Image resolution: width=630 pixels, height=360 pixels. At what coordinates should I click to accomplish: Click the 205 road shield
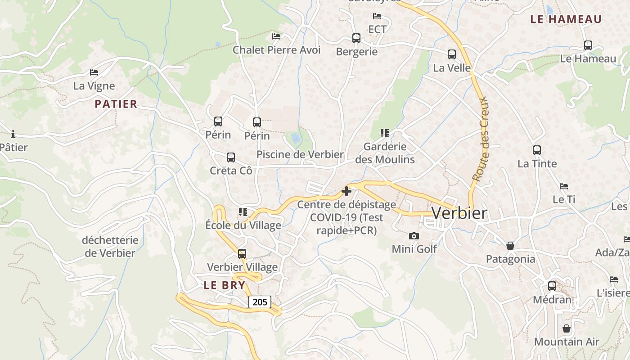[x=260, y=302]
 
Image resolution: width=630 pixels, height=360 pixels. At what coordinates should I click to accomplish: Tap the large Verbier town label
[x=459, y=213]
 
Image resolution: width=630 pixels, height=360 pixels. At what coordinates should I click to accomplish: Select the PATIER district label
[x=116, y=104]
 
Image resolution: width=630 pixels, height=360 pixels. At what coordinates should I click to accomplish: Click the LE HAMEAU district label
[x=566, y=19]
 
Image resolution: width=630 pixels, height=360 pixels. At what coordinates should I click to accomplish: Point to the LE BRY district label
[x=225, y=285]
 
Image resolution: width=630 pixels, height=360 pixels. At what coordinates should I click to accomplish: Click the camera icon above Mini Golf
[x=414, y=236]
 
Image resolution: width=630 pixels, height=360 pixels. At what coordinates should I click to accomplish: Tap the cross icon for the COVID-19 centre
[x=346, y=191]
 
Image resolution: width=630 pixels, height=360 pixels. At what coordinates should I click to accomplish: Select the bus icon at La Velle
[x=452, y=54]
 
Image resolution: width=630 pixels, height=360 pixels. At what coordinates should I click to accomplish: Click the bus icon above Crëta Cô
[x=231, y=157]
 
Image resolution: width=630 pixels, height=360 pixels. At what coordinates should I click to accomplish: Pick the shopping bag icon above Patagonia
[x=510, y=246]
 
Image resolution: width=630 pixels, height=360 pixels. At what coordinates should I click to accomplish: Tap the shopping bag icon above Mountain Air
[x=567, y=328]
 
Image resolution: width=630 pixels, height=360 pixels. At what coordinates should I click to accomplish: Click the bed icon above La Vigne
[x=94, y=72]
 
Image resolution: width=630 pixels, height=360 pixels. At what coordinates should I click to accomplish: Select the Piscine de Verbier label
[x=300, y=154]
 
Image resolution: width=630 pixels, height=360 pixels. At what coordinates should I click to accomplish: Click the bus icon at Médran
[x=552, y=286]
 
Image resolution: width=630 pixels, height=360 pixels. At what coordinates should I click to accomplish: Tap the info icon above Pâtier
[x=13, y=134]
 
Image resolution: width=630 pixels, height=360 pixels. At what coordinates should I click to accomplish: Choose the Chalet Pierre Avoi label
[x=276, y=50]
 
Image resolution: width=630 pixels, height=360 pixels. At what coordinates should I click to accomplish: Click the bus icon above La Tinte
[x=537, y=150]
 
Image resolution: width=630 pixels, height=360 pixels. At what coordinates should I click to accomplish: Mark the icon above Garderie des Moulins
[x=385, y=133]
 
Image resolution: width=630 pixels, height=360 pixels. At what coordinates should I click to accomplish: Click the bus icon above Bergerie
[x=356, y=38]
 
